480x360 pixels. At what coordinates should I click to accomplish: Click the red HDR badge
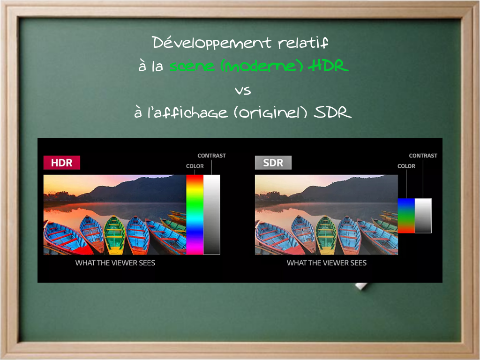(x=61, y=163)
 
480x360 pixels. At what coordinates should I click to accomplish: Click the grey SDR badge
(x=273, y=163)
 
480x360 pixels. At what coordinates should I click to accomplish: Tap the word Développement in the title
(x=212, y=43)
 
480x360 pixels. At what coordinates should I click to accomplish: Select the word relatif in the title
(x=303, y=43)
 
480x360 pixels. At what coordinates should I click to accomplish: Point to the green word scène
(x=192, y=66)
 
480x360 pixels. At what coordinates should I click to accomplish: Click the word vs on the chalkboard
(x=243, y=90)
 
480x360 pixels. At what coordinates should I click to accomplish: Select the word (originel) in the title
(x=270, y=112)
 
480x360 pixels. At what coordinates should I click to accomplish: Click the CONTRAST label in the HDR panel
(x=211, y=156)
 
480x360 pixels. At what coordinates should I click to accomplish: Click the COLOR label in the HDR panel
(x=195, y=166)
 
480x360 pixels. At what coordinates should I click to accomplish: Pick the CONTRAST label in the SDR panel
(x=423, y=156)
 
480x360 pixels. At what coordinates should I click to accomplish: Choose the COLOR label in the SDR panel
(x=406, y=166)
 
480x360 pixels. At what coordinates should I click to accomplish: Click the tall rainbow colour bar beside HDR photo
(x=195, y=215)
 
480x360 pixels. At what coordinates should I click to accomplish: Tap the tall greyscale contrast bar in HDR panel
(x=212, y=215)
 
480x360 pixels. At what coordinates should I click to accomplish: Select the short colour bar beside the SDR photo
(x=406, y=216)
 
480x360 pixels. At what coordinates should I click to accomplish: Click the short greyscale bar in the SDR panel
(x=423, y=216)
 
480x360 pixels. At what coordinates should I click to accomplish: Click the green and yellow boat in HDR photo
(x=114, y=235)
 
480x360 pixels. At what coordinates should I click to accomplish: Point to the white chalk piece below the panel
(x=361, y=286)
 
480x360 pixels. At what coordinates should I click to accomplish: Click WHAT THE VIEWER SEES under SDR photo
(x=327, y=263)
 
